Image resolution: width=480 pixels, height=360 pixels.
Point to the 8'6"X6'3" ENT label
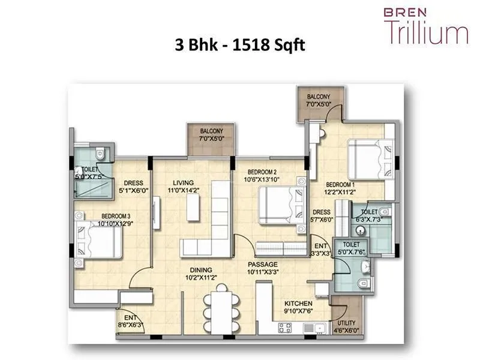point(130,321)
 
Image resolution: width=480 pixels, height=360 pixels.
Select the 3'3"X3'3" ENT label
point(320,250)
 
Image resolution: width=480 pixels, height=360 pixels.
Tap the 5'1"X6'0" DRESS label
point(133,187)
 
